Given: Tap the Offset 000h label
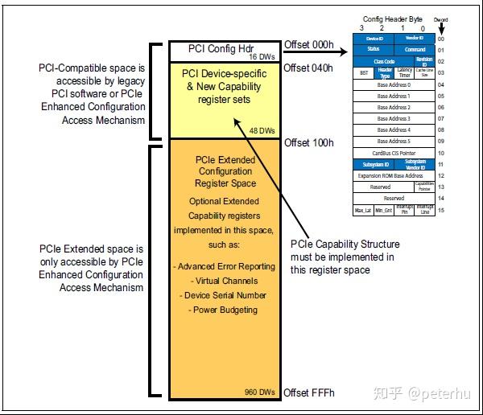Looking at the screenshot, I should (x=308, y=43).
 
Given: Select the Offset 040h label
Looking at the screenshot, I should (x=308, y=68).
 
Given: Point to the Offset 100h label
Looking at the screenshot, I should (x=308, y=142).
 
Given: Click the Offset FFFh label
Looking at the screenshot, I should (x=308, y=392).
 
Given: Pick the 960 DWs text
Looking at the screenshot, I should (x=259, y=392).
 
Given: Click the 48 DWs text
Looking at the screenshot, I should (x=262, y=130).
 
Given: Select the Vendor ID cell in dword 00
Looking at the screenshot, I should (x=415, y=39).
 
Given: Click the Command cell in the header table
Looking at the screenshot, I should (x=415, y=50).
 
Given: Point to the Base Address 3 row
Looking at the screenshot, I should (x=394, y=118).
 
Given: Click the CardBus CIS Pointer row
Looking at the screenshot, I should (x=394, y=152).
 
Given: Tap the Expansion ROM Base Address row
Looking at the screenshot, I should (x=394, y=175).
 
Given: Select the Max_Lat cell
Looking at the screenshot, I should (x=363, y=210).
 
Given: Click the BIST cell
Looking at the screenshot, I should (x=363, y=72).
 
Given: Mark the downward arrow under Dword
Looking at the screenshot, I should (x=441, y=27).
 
